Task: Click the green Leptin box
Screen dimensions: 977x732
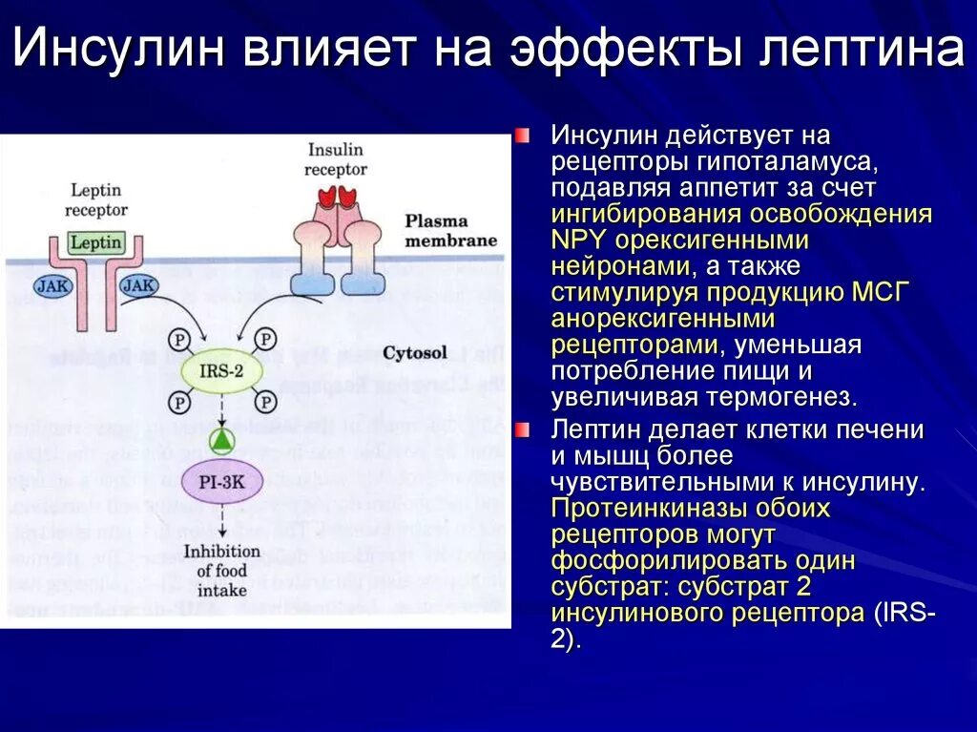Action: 95,241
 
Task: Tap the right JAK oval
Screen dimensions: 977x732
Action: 139,285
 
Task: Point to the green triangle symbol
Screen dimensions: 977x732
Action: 220,440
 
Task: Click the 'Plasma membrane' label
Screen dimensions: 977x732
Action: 450,230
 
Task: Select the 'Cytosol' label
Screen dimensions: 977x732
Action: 414,353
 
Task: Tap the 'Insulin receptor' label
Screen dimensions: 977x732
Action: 335,159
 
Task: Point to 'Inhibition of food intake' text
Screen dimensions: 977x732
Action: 221,570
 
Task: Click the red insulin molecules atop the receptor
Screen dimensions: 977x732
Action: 337,196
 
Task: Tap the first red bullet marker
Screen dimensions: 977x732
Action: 522,136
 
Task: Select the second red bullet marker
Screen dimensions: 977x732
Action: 522,431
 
